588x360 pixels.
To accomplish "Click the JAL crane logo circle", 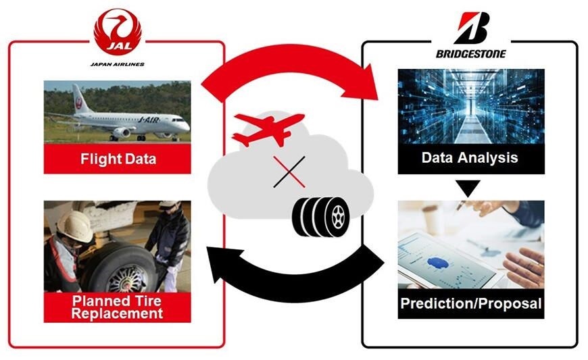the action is (x=118, y=32).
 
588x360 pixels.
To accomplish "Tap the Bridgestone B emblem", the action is (x=472, y=28).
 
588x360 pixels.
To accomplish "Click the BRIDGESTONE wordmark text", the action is (x=470, y=54).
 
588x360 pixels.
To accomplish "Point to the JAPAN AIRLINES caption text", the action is (x=118, y=64).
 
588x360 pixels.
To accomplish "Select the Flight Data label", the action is (x=118, y=159).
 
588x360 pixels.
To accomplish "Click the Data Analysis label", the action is (x=470, y=157).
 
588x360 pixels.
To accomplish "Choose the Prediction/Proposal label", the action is (x=471, y=303).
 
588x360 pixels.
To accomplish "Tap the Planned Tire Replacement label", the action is (x=117, y=307).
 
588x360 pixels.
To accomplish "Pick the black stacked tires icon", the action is (x=320, y=217).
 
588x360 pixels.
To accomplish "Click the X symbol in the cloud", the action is (x=289, y=172).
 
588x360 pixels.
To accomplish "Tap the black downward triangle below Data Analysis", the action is (x=468, y=188).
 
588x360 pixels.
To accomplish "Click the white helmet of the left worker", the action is (x=76, y=226).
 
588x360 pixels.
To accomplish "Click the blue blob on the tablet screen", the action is (x=438, y=263).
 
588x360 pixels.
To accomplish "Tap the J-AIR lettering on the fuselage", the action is (x=149, y=120).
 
